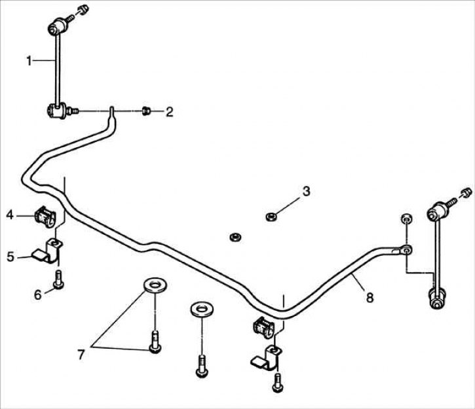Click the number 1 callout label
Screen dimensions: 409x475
click(x=29, y=60)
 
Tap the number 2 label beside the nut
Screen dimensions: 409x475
click(x=169, y=113)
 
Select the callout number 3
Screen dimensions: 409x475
click(x=305, y=191)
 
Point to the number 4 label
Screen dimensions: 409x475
click(x=10, y=214)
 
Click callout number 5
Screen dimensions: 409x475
click(x=10, y=257)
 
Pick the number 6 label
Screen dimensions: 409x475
click(x=38, y=294)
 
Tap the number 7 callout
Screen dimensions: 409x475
click(x=81, y=354)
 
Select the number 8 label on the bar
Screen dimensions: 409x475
click(x=370, y=298)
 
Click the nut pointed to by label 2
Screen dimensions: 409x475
click(x=147, y=112)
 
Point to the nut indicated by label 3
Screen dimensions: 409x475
click(x=269, y=215)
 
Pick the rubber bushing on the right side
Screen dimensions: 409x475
click(x=261, y=326)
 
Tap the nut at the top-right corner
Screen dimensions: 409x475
click(x=466, y=192)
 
